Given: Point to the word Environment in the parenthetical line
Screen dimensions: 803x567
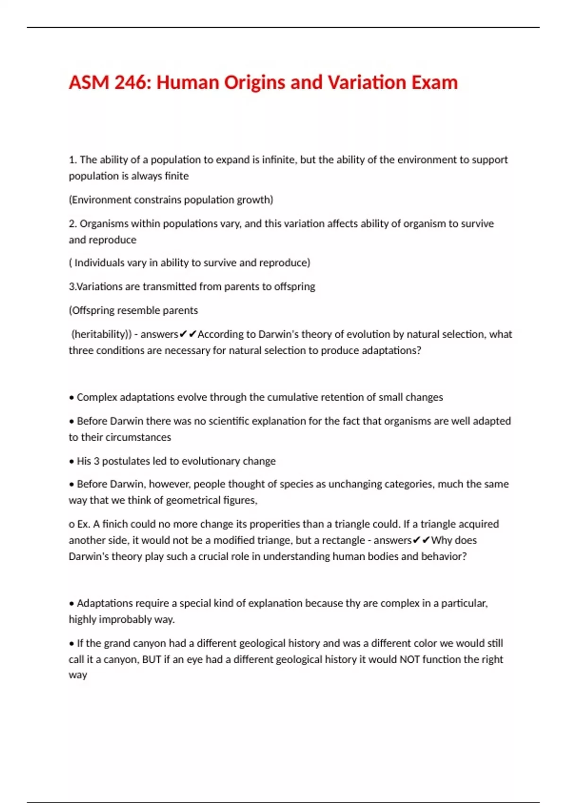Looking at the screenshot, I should [x=101, y=200].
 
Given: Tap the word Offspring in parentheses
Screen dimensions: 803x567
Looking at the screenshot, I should [x=93, y=310].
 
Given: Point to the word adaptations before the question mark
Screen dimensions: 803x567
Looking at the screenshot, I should [x=389, y=350].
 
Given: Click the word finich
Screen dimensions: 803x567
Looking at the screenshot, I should [x=115, y=524].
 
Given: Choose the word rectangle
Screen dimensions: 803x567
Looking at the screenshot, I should [x=343, y=540].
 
